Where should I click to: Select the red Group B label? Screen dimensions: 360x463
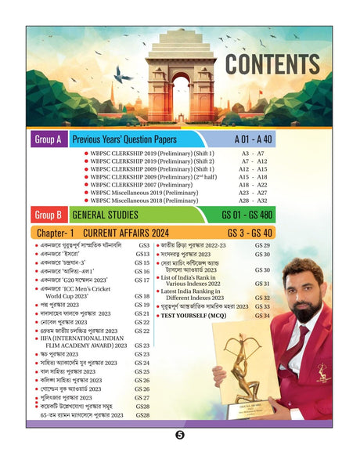coord(48,214)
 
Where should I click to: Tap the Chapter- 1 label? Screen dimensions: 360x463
coord(53,233)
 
